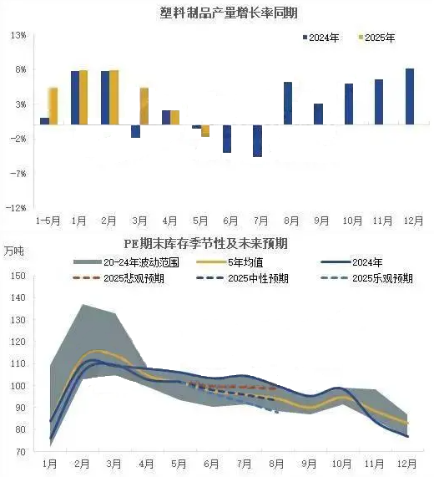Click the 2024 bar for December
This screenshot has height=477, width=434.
[x=410, y=96]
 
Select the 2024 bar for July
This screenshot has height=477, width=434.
[x=257, y=141]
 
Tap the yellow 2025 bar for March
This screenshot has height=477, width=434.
[x=144, y=106]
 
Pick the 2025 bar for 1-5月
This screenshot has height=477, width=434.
[x=53, y=106]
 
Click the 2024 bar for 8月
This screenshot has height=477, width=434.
[x=288, y=104]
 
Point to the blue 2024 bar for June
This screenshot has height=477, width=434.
[x=227, y=139]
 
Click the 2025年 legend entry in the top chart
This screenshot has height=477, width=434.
[x=377, y=38]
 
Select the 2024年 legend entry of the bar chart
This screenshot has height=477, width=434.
[x=321, y=38]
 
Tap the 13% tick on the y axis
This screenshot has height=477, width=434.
[x=18, y=35]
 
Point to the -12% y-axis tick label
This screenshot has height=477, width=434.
[x=16, y=208]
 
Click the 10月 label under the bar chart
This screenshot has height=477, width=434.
[x=352, y=221]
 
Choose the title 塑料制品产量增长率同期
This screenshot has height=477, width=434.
[x=229, y=13]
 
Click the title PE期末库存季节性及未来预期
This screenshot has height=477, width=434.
[x=206, y=244]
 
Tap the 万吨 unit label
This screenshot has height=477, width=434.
[x=13, y=251]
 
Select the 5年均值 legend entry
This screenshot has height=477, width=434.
[x=230, y=262]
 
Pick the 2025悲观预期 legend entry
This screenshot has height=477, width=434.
[x=119, y=278]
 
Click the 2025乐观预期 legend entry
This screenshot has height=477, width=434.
[x=367, y=278]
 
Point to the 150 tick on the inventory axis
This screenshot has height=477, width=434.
[x=18, y=276]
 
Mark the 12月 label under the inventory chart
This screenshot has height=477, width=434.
[x=407, y=464]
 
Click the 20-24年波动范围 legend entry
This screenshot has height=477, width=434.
[x=126, y=262]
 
